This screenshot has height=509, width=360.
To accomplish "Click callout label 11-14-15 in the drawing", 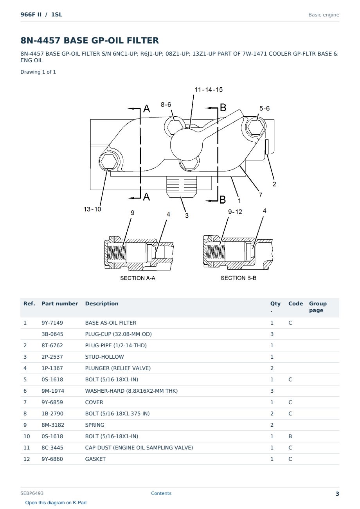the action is pos(209,90).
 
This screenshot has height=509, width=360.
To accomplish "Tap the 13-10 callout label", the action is pos(92,209).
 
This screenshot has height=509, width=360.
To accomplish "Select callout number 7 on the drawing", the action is pos(261,195).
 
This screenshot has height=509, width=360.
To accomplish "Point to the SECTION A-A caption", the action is pos(138,278).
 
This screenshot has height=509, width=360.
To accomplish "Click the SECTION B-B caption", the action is pos(238,278).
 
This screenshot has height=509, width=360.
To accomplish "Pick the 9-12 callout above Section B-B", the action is pos(235,212).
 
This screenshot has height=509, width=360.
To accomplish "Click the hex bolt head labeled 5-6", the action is pos(256,127).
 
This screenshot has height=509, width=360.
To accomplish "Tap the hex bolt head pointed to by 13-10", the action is pos(108,162).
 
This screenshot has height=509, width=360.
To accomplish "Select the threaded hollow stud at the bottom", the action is pos(181,187).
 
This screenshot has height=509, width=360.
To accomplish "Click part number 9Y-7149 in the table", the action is pos(52,323).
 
